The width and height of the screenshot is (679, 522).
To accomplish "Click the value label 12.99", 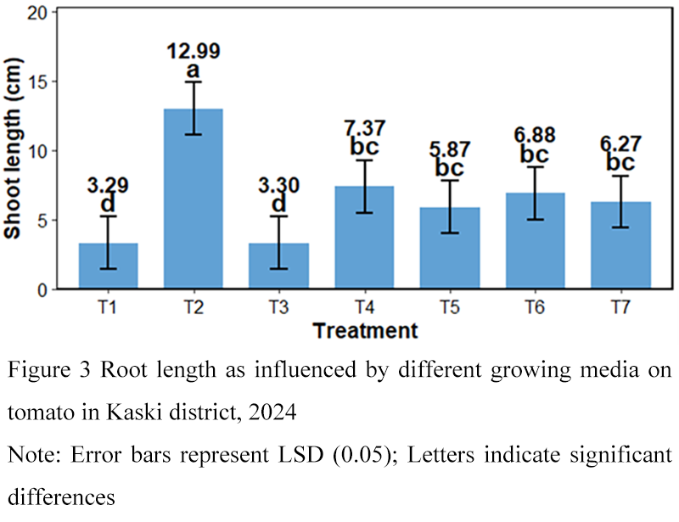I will (194, 51).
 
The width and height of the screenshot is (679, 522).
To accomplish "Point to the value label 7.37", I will (363, 128).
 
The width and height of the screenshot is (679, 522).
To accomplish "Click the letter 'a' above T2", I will (194, 70).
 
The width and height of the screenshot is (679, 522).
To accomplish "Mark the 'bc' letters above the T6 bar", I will (535, 155).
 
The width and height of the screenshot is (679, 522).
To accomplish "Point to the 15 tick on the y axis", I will (40, 81).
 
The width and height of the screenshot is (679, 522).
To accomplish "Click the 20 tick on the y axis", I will (40, 13).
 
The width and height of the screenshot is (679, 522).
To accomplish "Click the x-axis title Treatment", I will (365, 330).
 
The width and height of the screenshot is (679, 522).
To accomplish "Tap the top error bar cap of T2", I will (194, 81).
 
